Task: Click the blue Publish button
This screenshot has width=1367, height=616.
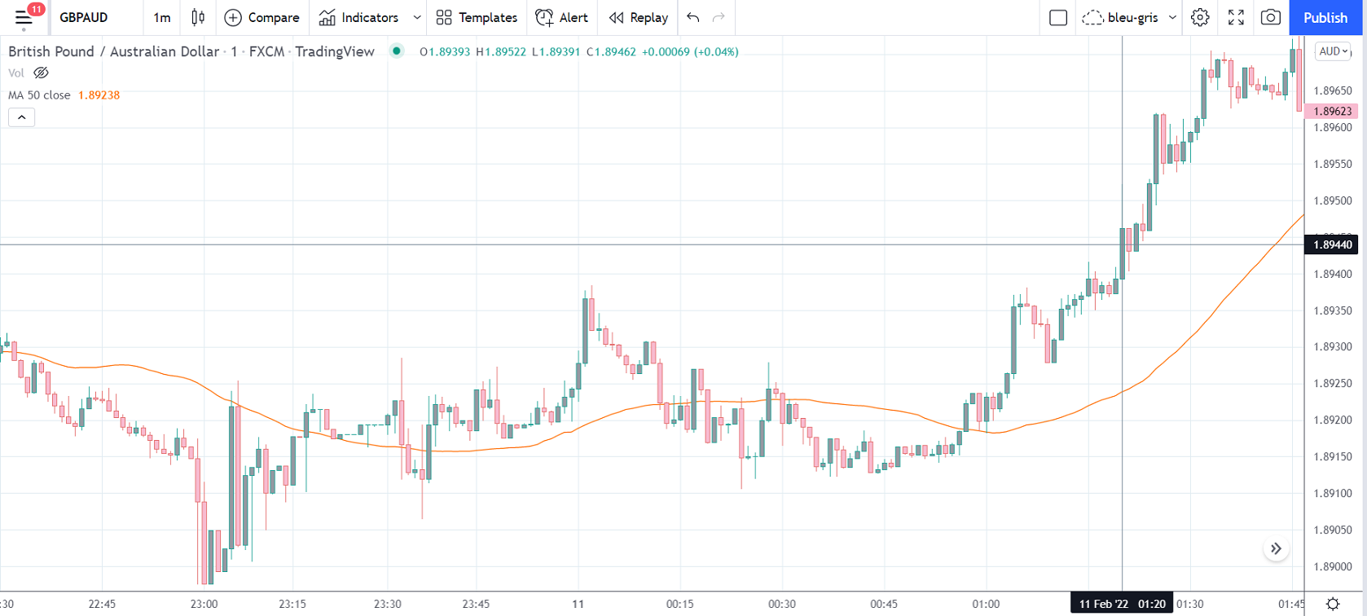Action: click(x=1325, y=18)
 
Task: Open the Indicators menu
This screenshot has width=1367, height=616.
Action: click(x=359, y=18)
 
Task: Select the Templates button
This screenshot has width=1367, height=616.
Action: click(x=477, y=18)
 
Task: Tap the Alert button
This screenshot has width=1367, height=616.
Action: click(x=561, y=18)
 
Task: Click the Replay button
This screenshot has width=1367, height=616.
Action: click(x=638, y=18)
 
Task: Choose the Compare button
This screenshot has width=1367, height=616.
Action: click(x=262, y=18)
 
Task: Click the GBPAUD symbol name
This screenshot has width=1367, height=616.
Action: click(x=84, y=18)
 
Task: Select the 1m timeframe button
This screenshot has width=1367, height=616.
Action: click(x=162, y=18)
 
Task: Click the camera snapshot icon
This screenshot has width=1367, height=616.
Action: click(x=1270, y=18)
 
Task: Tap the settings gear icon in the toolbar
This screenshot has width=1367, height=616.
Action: click(x=1200, y=18)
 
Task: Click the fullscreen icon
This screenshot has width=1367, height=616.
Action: click(x=1236, y=18)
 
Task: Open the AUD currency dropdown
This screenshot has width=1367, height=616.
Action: click(x=1334, y=51)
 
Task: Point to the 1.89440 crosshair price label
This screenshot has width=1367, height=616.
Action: click(x=1332, y=244)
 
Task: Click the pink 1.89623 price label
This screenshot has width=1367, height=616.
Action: click(x=1332, y=112)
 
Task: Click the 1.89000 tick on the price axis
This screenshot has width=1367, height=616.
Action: click(x=1332, y=566)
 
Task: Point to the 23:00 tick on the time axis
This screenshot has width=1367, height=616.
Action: click(x=204, y=604)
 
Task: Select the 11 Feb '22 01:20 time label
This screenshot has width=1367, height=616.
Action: click(x=1122, y=604)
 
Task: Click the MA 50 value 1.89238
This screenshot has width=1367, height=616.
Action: click(x=99, y=95)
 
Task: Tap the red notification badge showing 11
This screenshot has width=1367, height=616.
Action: click(x=36, y=10)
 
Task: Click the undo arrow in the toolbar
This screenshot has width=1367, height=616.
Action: click(x=693, y=18)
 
